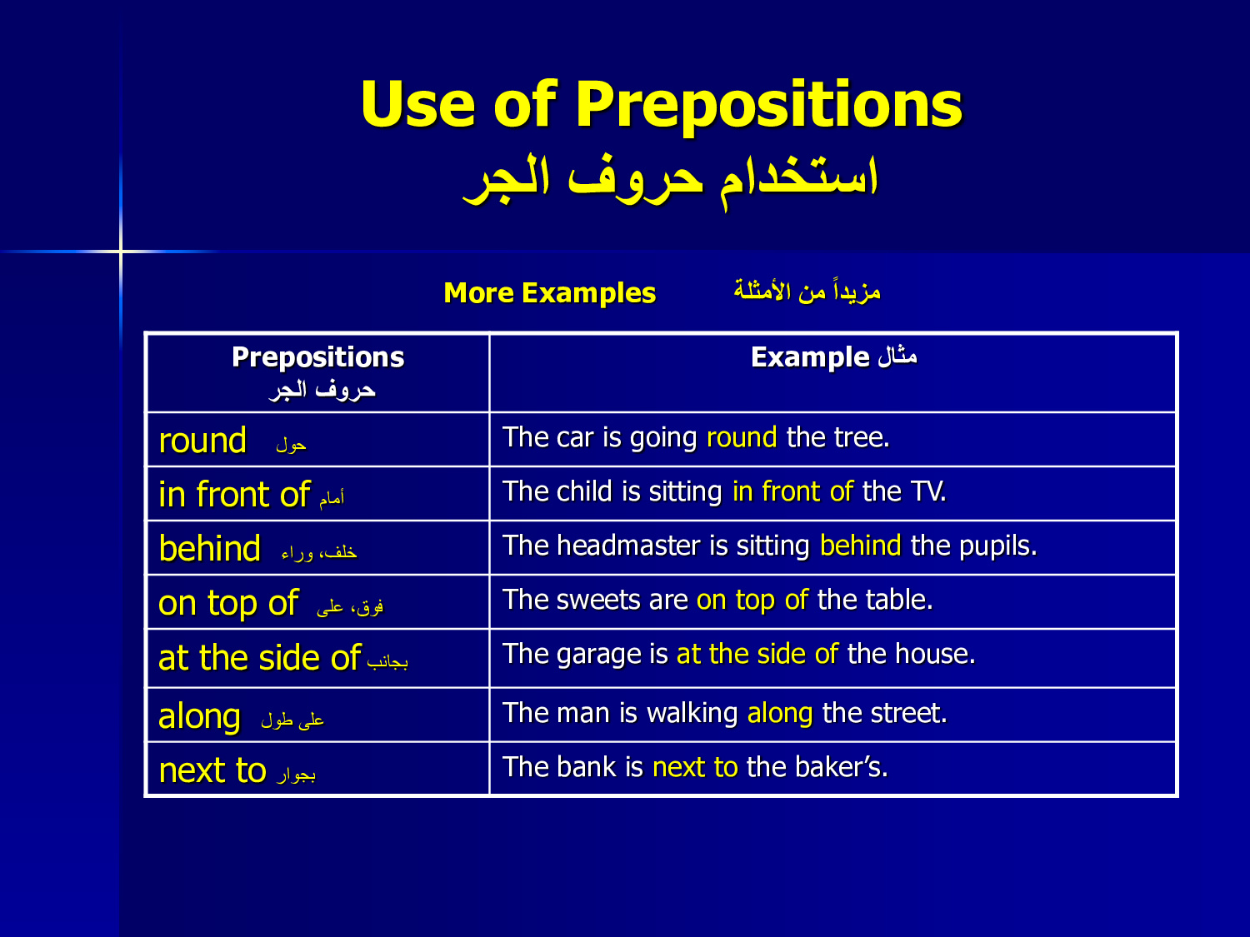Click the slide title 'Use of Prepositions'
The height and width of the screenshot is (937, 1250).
(661, 105)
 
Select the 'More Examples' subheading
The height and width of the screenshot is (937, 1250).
(549, 293)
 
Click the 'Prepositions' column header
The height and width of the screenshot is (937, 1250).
(317, 358)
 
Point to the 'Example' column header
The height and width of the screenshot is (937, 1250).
(810, 358)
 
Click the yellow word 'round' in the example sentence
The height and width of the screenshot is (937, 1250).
(742, 438)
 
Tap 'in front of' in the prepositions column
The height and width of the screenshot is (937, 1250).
(234, 494)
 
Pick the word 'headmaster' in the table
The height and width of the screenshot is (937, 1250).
(628, 546)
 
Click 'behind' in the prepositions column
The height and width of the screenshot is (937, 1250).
(209, 548)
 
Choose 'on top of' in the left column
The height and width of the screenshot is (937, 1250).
(228, 603)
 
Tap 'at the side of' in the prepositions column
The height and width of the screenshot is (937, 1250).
(259, 658)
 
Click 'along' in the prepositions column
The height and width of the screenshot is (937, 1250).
(199, 717)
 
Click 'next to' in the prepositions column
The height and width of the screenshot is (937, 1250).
(212, 770)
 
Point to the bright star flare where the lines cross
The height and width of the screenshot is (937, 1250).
(121, 251)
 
